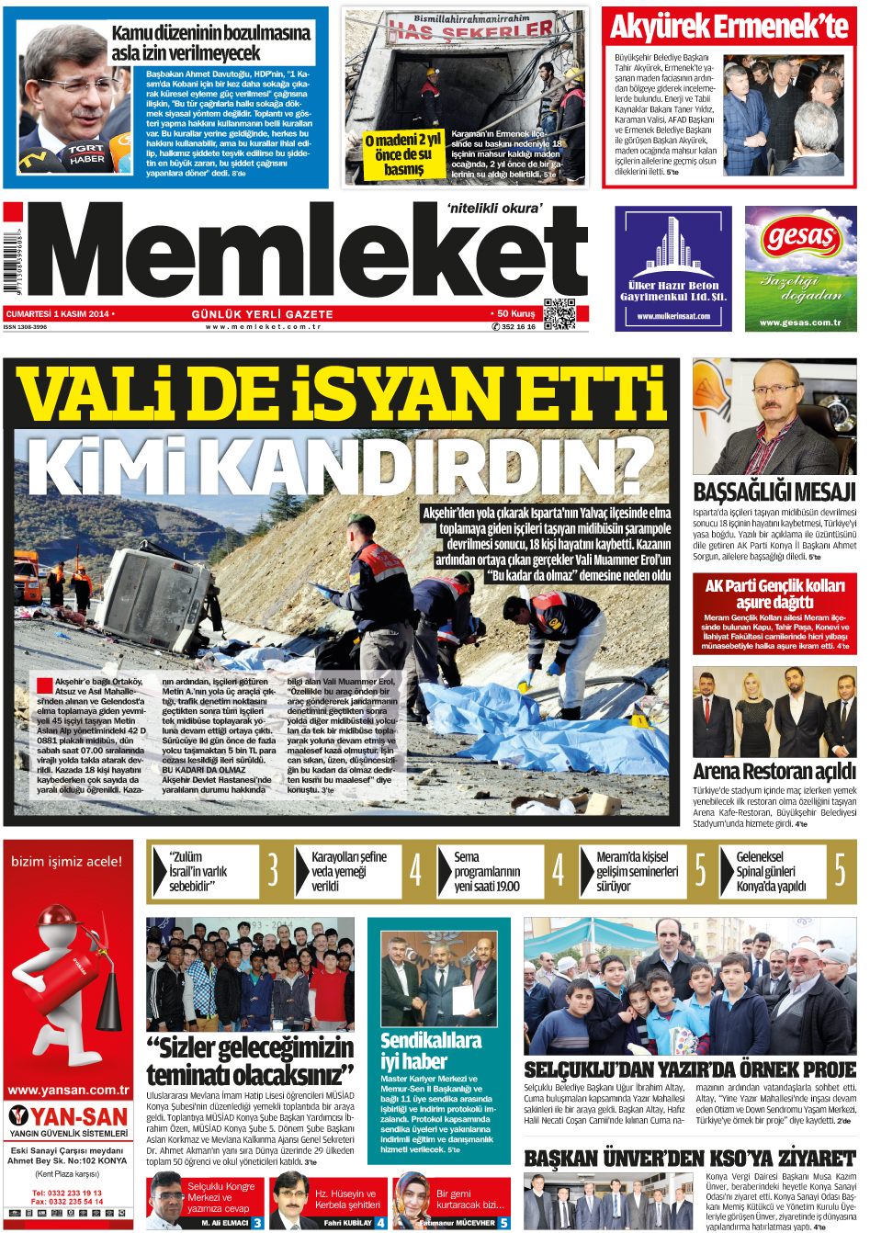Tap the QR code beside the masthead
pos(559,314)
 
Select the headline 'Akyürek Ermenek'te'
pos(729,28)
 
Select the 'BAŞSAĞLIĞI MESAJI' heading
pos(774,492)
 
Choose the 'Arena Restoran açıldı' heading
pos(774,771)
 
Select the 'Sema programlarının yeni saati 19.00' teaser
pos(487,871)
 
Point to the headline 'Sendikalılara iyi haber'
pos(431,1050)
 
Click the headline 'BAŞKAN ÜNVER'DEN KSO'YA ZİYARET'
pos(689,1159)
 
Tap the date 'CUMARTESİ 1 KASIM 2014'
pos(57,314)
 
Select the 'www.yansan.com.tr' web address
pos(68,1091)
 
